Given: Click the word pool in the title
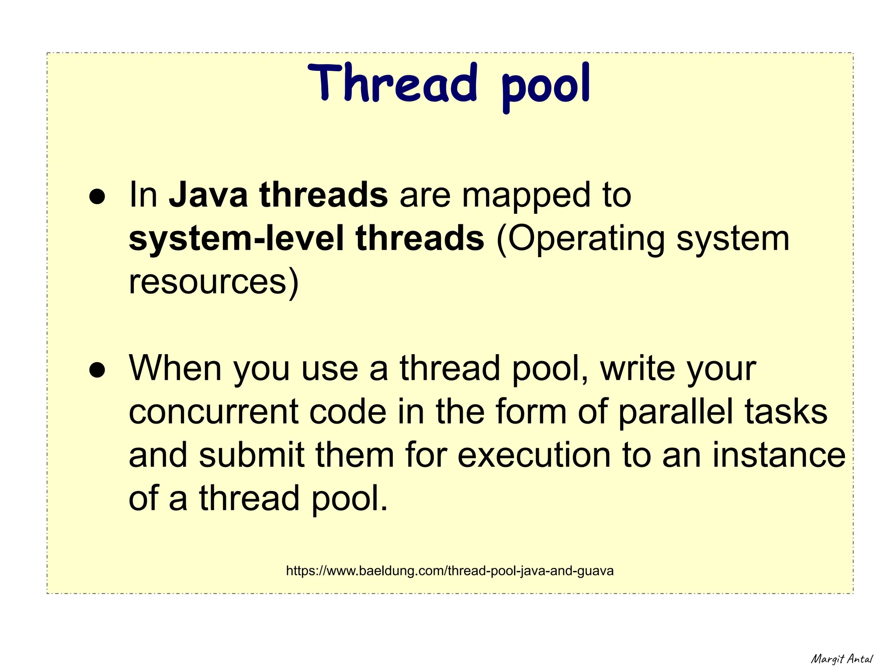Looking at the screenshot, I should pyautogui.click(x=546, y=85).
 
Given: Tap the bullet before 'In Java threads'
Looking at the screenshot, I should pyautogui.click(x=97, y=197).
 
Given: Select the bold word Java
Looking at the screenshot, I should pyautogui.click(x=208, y=195).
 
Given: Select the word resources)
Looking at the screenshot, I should pyautogui.click(x=214, y=282).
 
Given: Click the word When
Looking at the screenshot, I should pyautogui.click(x=176, y=369).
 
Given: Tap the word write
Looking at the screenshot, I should pyautogui.click(x=638, y=369).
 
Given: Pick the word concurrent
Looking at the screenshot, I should pyautogui.click(x=214, y=412).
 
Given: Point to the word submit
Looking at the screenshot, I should pyautogui.click(x=251, y=455).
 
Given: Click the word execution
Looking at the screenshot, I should pyautogui.click(x=534, y=455).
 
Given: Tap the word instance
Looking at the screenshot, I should pyautogui.click(x=779, y=455).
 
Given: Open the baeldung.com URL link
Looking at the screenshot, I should pyautogui.click(x=450, y=571).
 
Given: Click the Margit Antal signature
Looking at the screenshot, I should pyautogui.click(x=842, y=659).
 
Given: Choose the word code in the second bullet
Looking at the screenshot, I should pyautogui.click(x=348, y=412).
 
